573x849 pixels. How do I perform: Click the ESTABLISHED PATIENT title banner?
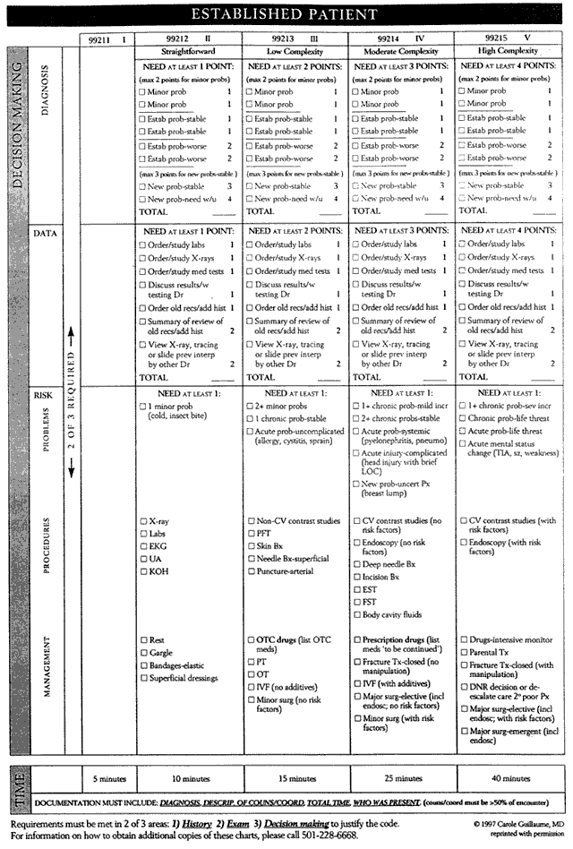pyautogui.click(x=287, y=15)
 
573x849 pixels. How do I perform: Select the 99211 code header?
pyautogui.click(x=108, y=40)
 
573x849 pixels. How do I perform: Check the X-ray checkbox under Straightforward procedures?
pyautogui.click(x=143, y=521)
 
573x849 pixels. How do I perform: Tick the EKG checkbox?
pyautogui.click(x=143, y=546)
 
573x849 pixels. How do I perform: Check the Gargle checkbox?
pyautogui.click(x=143, y=653)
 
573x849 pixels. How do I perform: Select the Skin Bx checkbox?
pyautogui.click(x=251, y=546)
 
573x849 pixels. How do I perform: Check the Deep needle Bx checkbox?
pyautogui.click(x=357, y=565)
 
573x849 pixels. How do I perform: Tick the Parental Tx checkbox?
pyautogui.click(x=464, y=653)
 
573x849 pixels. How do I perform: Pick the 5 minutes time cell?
pyautogui.click(x=108, y=779)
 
